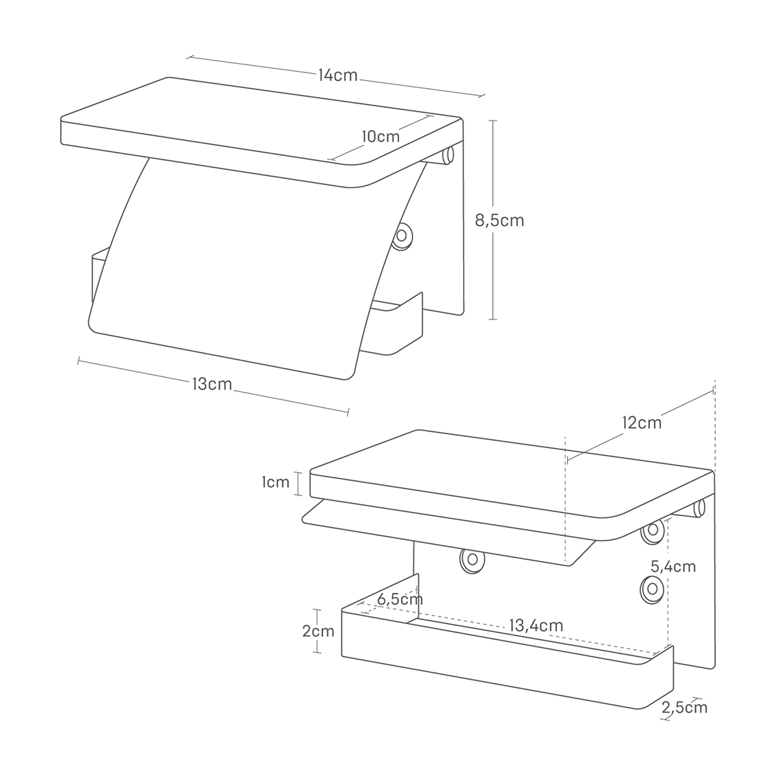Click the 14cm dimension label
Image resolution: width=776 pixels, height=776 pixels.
click(x=338, y=75)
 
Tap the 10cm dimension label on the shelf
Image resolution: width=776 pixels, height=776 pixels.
click(x=380, y=136)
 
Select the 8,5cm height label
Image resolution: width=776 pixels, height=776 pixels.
click(x=499, y=221)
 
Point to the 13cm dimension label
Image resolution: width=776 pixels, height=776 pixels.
click(x=212, y=383)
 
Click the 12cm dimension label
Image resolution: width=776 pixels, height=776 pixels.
click(x=642, y=423)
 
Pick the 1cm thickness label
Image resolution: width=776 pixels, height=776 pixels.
click(x=275, y=482)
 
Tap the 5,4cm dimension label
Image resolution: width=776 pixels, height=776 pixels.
click(x=673, y=566)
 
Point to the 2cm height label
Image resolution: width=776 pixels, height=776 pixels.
click(x=318, y=631)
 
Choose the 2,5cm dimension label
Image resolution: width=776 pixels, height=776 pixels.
click(x=684, y=707)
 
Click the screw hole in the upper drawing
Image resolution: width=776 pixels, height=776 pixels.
click(x=402, y=235)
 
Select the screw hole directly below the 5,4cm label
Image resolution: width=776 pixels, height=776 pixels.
click(x=652, y=588)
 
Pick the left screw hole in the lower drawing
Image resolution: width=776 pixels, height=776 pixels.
click(x=472, y=559)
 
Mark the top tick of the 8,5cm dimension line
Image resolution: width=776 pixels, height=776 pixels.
click(x=493, y=120)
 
